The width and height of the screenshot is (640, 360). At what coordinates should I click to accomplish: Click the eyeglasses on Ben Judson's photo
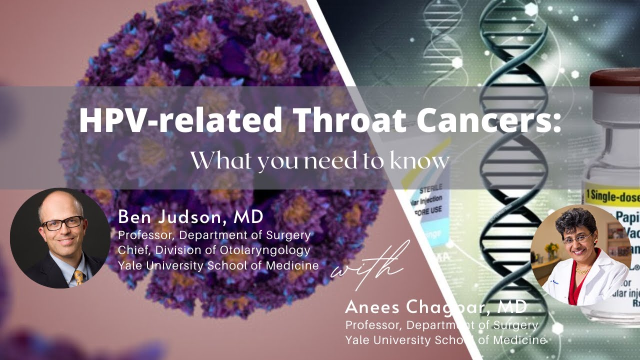[62, 223]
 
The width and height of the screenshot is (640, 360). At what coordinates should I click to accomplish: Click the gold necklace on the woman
[581, 270]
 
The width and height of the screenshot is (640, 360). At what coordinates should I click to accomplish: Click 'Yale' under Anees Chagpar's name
[356, 340]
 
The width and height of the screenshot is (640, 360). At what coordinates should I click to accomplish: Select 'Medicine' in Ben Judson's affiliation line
[295, 265]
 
